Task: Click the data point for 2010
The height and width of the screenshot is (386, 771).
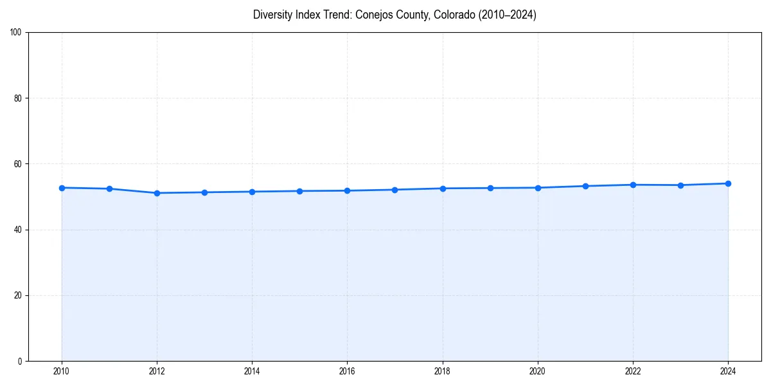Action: tap(62, 188)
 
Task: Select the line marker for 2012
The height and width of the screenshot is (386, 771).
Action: tap(157, 193)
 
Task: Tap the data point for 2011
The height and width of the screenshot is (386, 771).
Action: tap(109, 188)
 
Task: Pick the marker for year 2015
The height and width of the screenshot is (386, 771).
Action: tap(299, 191)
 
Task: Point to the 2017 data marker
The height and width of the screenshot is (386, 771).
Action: tap(394, 190)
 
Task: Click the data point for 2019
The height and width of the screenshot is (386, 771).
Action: tap(490, 188)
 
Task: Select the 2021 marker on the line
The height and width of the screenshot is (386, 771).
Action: tap(585, 186)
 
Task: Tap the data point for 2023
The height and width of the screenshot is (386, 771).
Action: tap(680, 185)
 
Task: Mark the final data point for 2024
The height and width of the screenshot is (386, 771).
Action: tap(728, 183)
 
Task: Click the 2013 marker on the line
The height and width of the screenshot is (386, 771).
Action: tap(204, 192)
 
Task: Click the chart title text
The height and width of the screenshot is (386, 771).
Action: tap(394, 15)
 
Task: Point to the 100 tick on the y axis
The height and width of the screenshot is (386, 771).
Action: tap(16, 32)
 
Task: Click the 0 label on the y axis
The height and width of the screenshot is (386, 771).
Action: tap(20, 361)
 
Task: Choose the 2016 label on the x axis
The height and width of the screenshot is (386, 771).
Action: tap(347, 371)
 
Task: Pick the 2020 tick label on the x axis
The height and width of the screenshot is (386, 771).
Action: tap(537, 371)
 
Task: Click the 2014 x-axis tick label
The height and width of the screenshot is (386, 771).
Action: tap(252, 371)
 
